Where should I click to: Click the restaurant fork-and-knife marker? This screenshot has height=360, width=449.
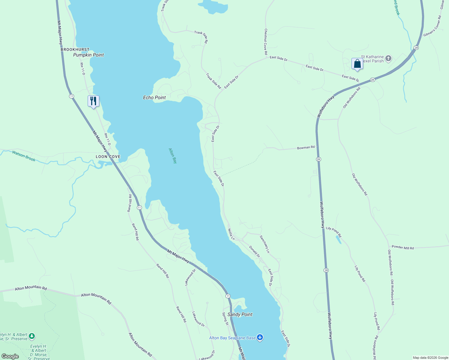pyautogui.click(x=93, y=101)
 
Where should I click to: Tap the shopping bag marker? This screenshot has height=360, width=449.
pyautogui.click(x=357, y=64)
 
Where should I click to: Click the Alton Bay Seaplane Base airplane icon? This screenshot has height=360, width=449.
pyautogui.click(x=260, y=338)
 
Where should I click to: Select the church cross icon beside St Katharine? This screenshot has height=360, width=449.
pyautogui.click(x=388, y=58)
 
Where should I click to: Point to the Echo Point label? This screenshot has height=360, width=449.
pyautogui.click(x=154, y=97)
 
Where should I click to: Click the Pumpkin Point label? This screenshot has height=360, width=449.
pyautogui.click(x=89, y=55)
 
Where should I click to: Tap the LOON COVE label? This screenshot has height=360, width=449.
pyautogui.click(x=108, y=157)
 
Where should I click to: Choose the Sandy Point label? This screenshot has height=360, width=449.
pyautogui.click(x=240, y=314)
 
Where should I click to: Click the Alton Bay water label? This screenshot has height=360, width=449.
pyautogui.click(x=173, y=156)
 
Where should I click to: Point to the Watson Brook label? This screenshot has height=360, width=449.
pyautogui.click(x=24, y=156)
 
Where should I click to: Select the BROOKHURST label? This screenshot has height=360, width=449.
pyautogui.click(x=75, y=49)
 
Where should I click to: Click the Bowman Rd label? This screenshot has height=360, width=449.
pyautogui.click(x=306, y=148)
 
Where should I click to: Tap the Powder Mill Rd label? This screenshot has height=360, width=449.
pyautogui.click(x=403, y=247)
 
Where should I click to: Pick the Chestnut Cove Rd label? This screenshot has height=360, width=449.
pyautogui.click(x=266, y=41)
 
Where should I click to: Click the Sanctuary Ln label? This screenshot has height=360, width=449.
pyautogui.click(x=265, y=244)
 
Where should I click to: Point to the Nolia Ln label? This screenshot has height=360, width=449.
pyautogui.click(x=231, y=234)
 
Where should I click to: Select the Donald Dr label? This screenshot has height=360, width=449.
pyautogui.click(x=255, y=251)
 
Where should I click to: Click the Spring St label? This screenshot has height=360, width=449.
pyautogui.click(x=225, y=319)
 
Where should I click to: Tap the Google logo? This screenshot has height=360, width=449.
pyautogui.click(x=10, y=356)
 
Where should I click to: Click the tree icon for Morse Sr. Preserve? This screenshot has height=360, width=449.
pyautogui.click(x=32, y=336)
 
